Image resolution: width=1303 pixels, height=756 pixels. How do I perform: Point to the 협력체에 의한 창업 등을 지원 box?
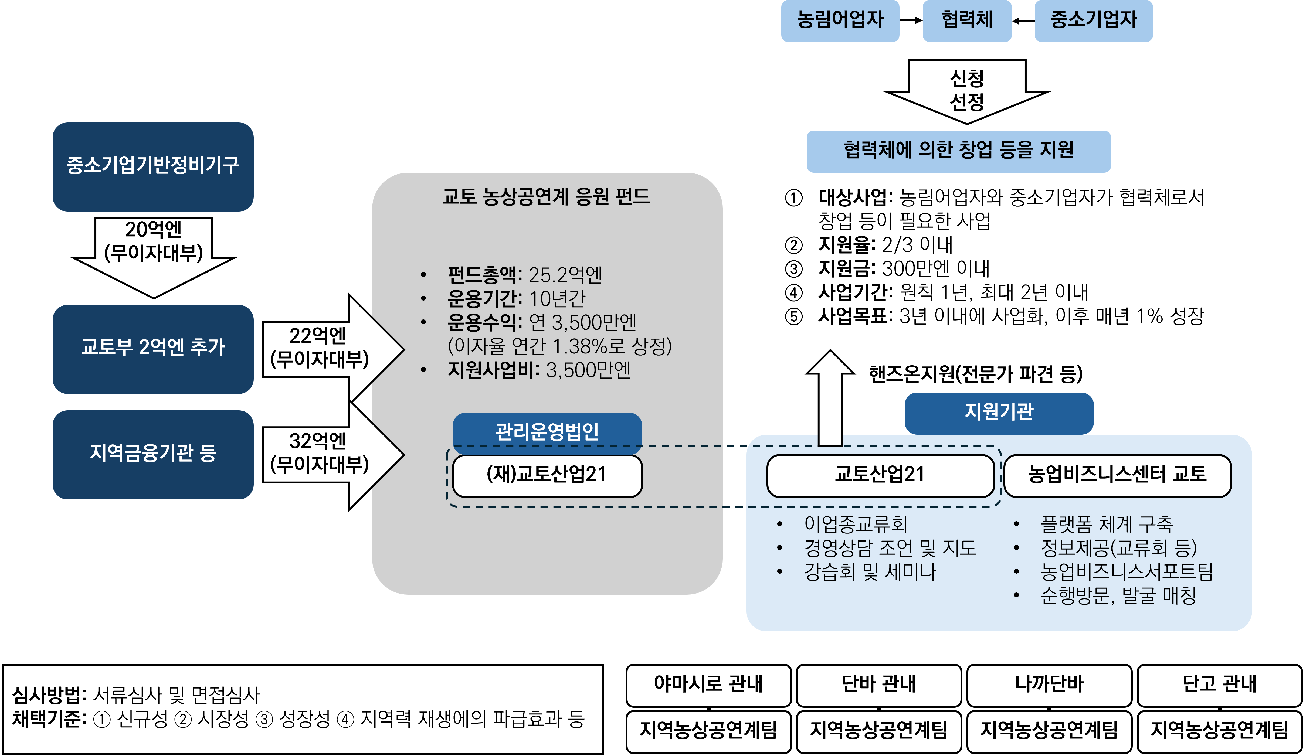click(958, 151)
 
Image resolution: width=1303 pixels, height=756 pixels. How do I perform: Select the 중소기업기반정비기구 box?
click(153, 166)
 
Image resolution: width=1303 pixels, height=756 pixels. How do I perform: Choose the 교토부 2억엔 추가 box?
click(153, 349)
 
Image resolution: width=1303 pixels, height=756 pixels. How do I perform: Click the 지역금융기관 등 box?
click(153, 454)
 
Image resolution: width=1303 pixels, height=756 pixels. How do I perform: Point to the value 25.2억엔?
click(565, 275)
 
